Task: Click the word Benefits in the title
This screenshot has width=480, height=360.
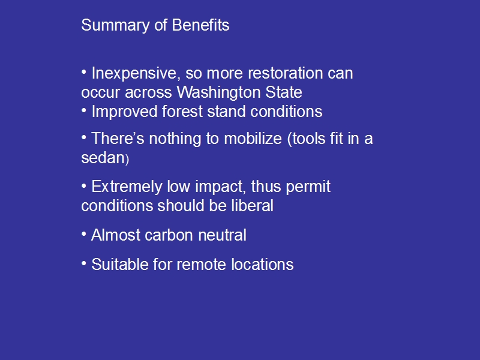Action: [x=200, y=25]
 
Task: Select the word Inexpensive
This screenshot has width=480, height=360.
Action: [x=134, y=74]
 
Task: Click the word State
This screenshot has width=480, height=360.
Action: [x=284, y=92]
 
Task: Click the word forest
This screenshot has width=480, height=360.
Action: [x=182, y=112]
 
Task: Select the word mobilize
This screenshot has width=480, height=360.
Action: [x=253, y=139]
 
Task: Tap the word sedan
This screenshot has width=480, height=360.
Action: [x=103, y=158]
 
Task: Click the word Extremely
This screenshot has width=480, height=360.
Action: [x=127, y=187]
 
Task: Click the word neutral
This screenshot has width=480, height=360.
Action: [x=222, y=235]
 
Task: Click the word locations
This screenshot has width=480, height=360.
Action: [x=262, y=265]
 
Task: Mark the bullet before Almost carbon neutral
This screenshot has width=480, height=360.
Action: [x=84, y=235]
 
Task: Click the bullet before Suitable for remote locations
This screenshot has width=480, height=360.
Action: [x=84, y=264]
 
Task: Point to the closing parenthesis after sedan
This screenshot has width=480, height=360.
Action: [x=127, y=160]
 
